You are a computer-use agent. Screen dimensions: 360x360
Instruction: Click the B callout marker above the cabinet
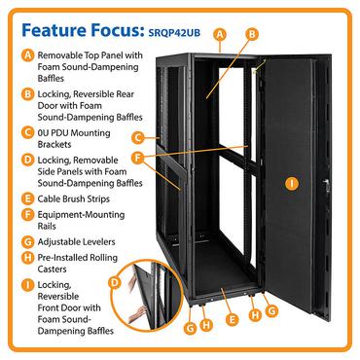(251, 33)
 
